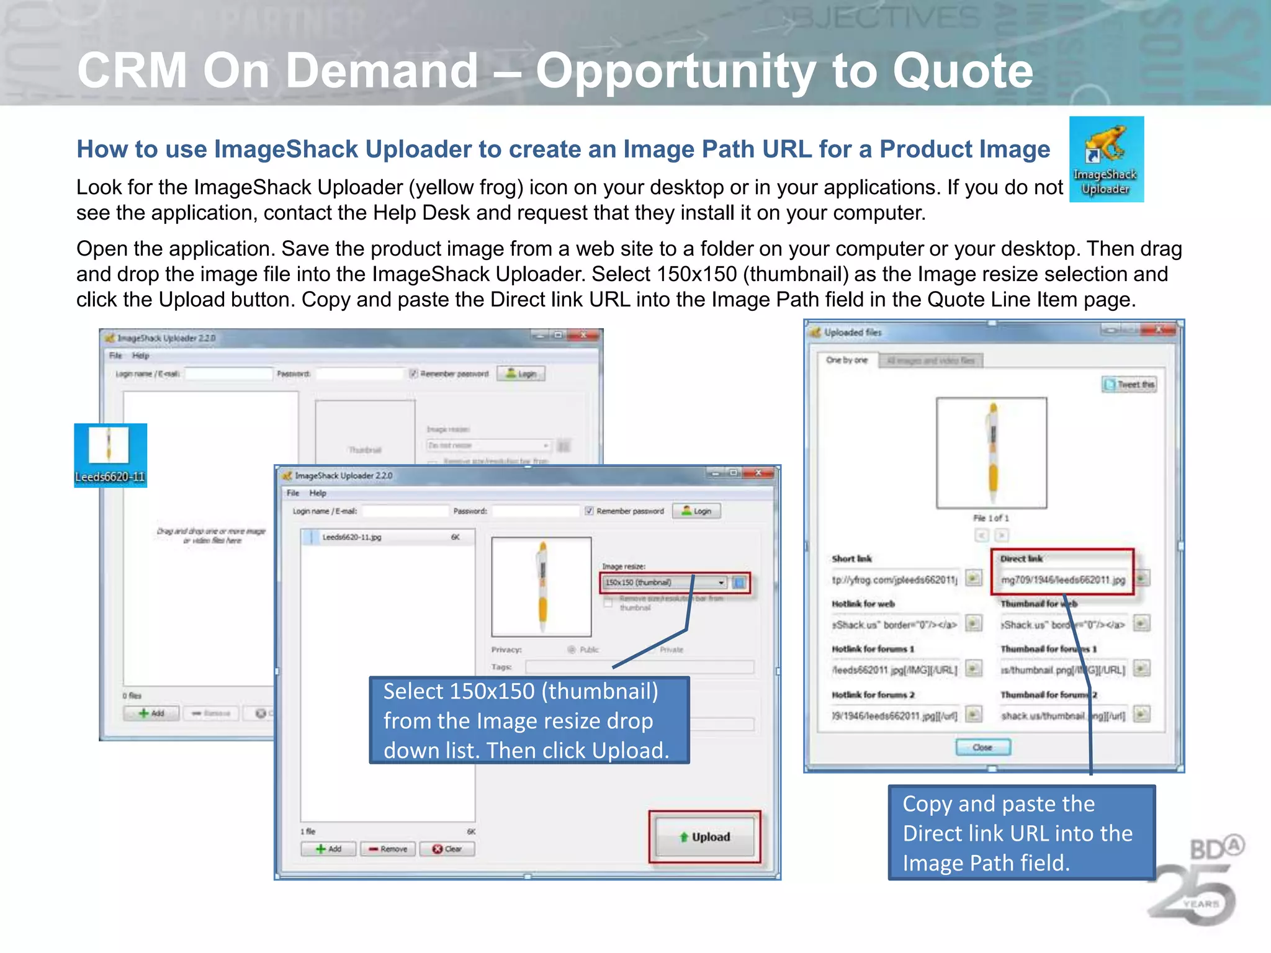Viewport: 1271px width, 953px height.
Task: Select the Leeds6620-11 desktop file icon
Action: tap(110, 453)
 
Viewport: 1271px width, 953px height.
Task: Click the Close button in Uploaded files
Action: tap(982, 747)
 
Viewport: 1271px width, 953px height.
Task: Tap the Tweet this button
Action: tap(1129, 385)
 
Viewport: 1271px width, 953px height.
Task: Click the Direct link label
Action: tap(1021, 558)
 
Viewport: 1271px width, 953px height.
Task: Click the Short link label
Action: tap(851, 558)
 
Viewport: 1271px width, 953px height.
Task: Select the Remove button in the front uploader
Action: tap(388, 849)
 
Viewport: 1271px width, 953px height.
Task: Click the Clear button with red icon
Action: tap(447, 849)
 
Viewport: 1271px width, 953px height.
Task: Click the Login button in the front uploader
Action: tap(696, 511)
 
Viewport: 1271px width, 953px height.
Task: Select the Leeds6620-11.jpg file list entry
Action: tap(351, 537)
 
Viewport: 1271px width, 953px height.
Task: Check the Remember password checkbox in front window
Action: tap(589, 511)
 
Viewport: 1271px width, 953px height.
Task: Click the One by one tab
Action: tap(847, 360)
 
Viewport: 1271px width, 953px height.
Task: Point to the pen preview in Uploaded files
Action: tap(992, 453)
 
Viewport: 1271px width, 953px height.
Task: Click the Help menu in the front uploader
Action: tap(318, 493)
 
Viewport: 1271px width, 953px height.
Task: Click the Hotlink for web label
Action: tap(863, 604)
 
